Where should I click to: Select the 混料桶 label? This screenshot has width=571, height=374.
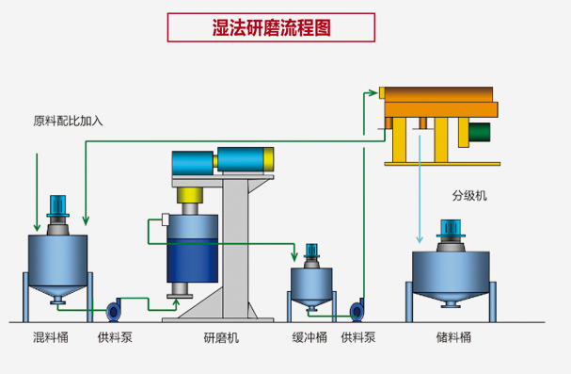[51, 336]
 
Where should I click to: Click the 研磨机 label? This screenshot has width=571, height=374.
[221, 336]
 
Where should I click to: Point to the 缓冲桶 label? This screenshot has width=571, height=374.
[309, 336]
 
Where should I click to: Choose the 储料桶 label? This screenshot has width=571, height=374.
[453, 336]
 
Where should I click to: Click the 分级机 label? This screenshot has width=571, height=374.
[469, 196]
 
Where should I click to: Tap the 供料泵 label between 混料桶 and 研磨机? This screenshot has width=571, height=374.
[115, 336]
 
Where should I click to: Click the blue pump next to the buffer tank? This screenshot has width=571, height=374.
[357, 310]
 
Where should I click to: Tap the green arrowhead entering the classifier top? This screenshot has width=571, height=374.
[375, 92]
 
